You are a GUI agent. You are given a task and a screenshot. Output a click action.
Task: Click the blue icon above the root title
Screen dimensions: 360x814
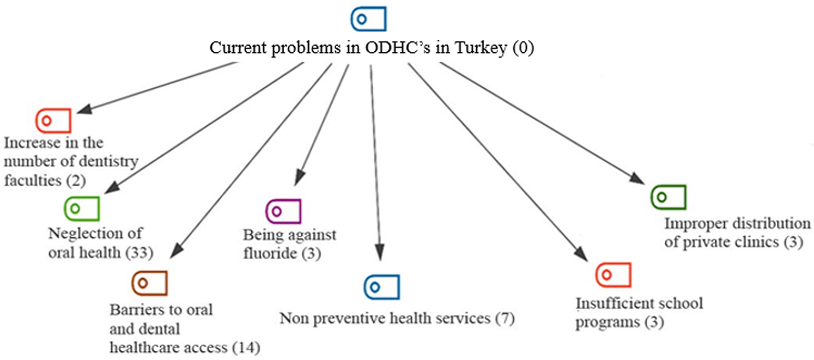368,19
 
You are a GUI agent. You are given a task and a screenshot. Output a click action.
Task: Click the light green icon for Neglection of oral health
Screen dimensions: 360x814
82,209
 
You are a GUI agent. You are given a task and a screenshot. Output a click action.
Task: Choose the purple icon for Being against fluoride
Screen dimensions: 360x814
283,211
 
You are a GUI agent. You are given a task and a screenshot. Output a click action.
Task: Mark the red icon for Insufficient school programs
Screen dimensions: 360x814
613,274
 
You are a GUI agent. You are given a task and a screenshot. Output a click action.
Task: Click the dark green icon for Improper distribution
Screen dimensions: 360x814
669,197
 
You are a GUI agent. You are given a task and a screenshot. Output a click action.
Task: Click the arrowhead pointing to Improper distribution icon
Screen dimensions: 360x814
639,180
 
